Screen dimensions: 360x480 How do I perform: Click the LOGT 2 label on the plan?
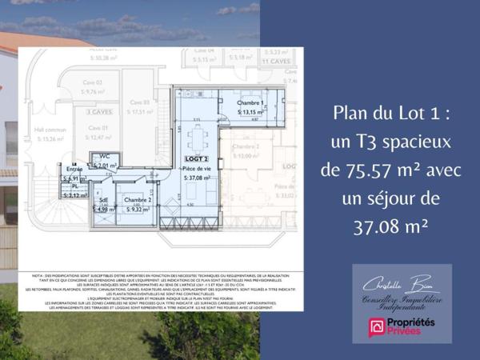190,160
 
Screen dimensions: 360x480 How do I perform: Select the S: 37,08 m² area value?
196,178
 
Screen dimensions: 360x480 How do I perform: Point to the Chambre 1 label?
250,105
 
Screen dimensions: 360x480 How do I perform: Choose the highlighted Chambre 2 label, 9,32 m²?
138,201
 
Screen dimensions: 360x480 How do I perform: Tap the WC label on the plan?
105,157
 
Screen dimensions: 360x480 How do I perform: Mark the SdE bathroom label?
104,200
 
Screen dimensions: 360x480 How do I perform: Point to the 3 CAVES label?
98,112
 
